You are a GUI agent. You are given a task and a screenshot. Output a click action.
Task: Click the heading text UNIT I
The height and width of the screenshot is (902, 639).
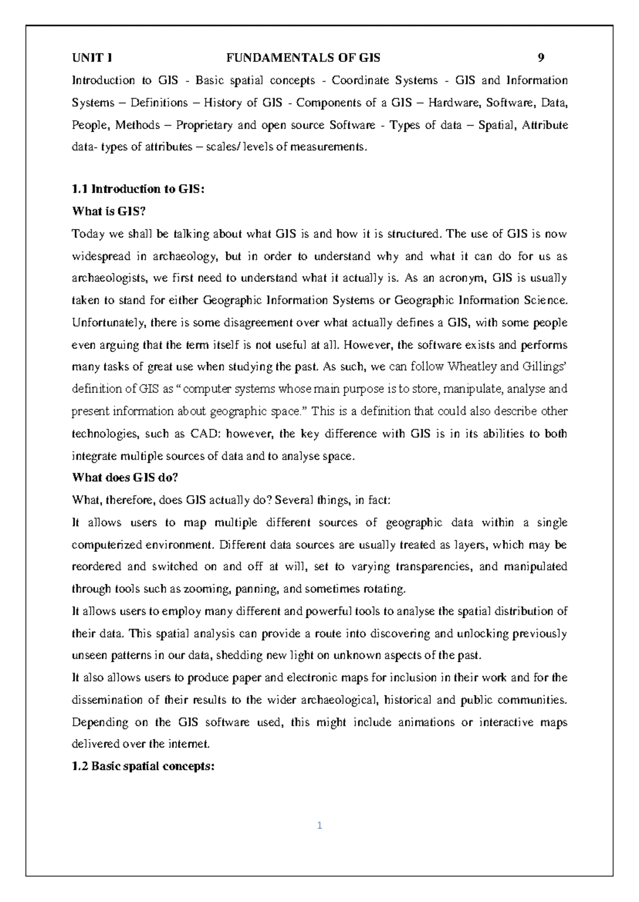pyautogui.click(x=92, y=58)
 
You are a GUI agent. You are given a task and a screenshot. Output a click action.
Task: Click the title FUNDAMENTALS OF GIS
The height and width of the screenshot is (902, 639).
pyautogui.click(x=304, y=58)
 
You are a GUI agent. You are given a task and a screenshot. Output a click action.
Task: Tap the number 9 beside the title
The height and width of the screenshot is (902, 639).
pyautogui.click(x=541, y=58)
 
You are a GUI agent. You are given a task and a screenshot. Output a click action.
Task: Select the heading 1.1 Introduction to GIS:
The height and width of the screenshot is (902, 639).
pyautogui.click(x=138, y=189)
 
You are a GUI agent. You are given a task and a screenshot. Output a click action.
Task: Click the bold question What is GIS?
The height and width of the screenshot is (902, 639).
pyautogui.click(x=108, y=211)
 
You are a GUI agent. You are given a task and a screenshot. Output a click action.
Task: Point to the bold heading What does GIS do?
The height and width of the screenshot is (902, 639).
pyautogui.click(x=125, y=478)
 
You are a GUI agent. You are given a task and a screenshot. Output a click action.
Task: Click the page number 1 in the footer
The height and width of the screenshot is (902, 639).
pyautogui.click(x=319, y=826)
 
